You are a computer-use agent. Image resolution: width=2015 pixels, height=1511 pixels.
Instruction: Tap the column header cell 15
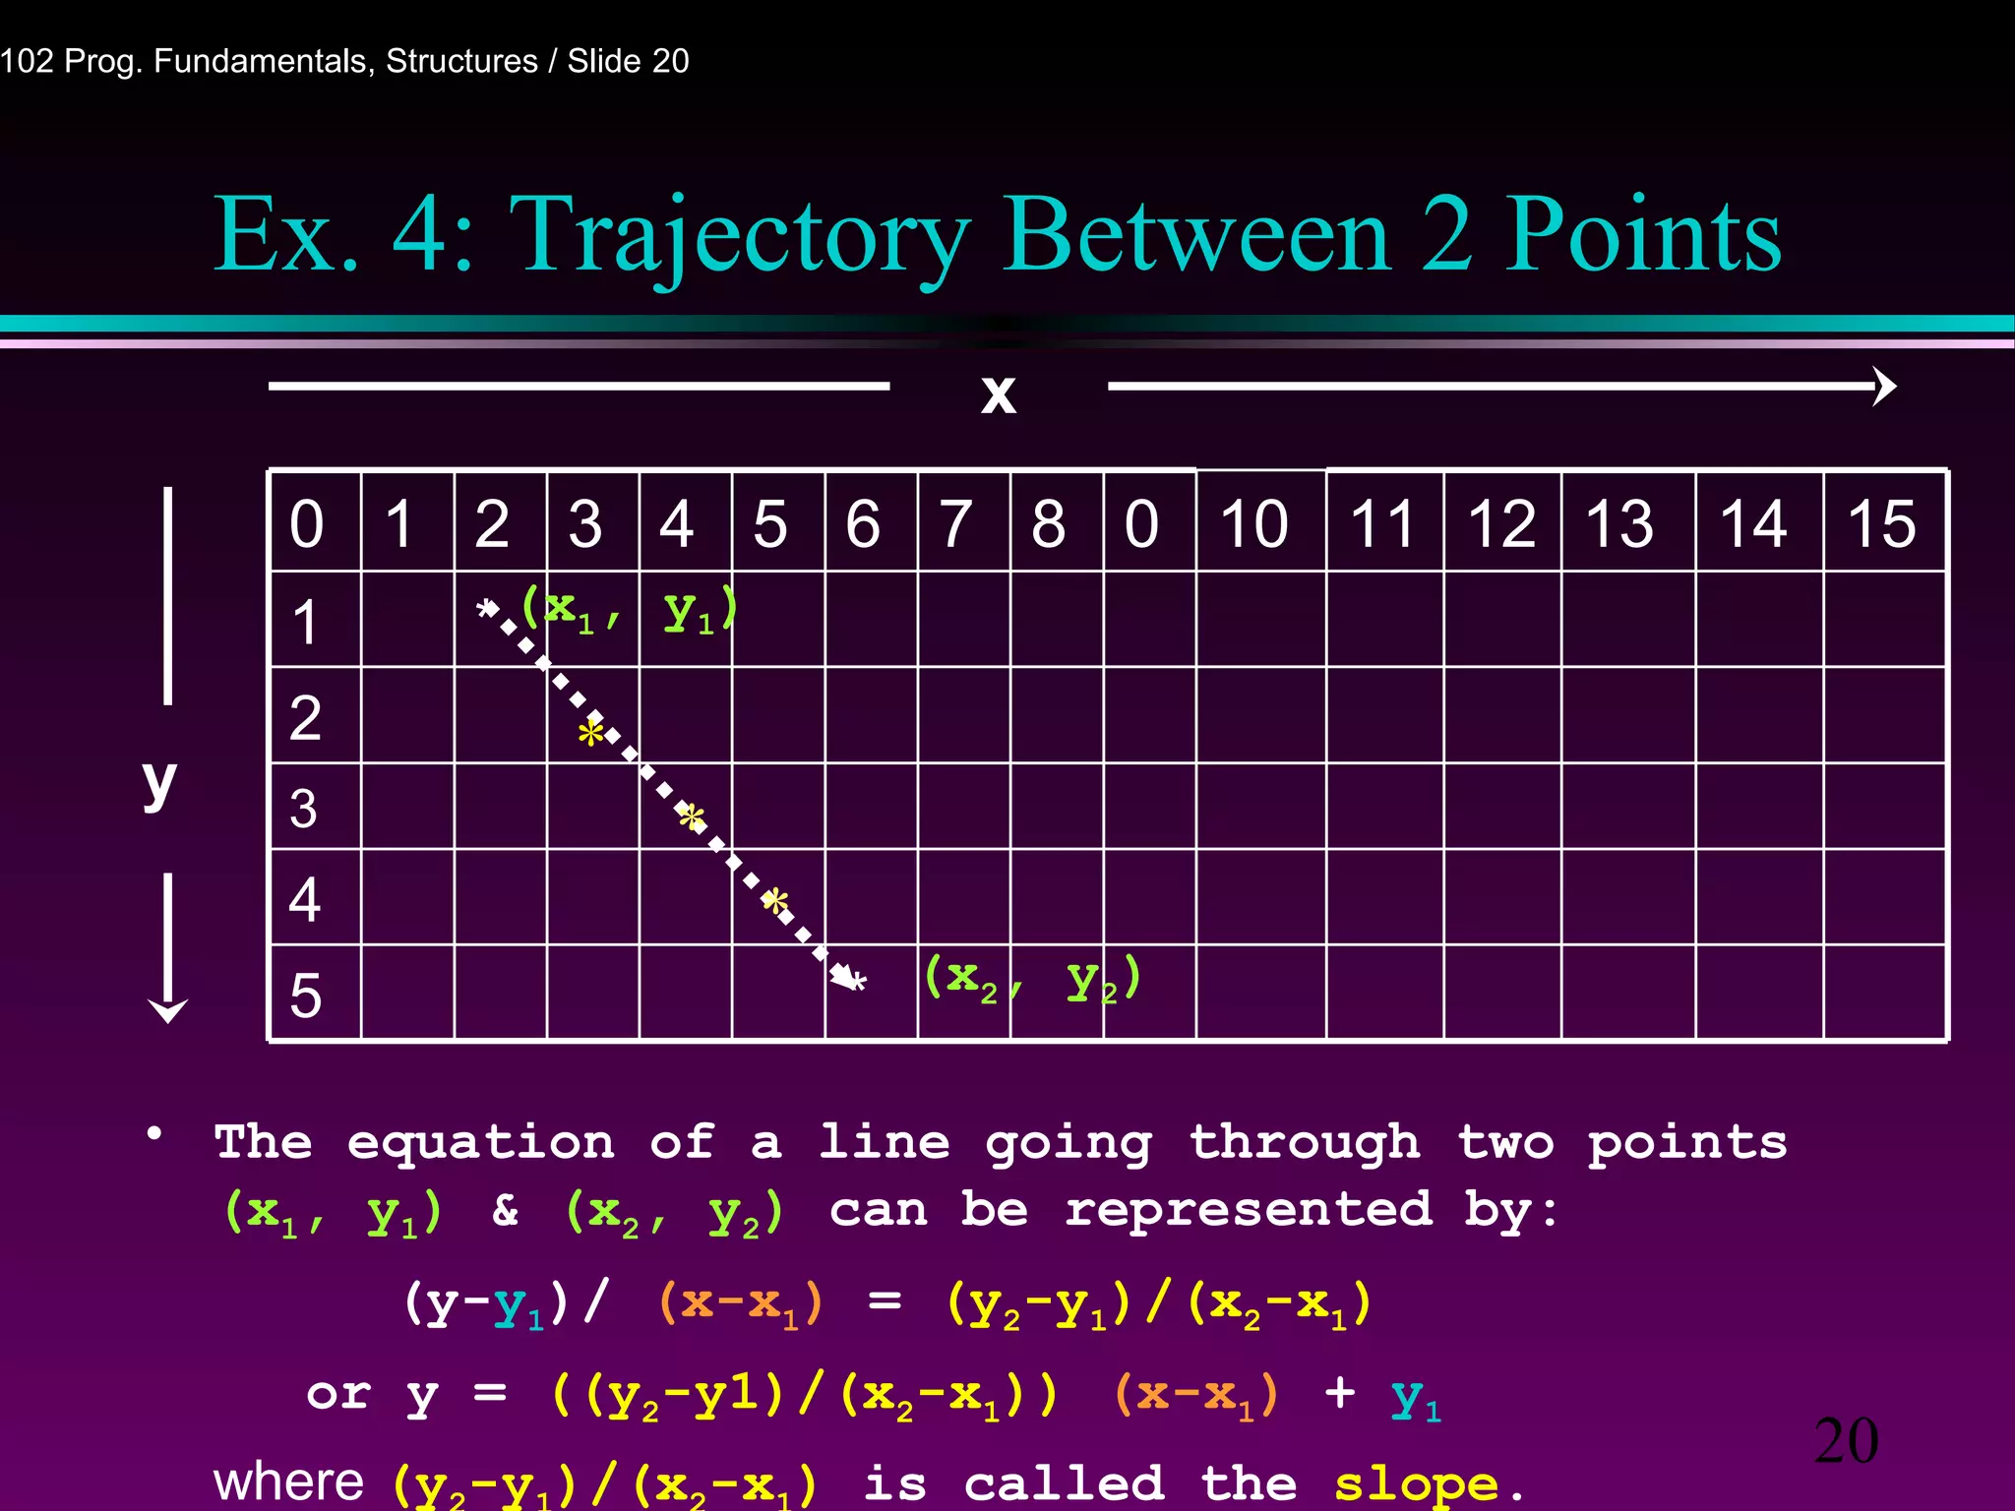click(1881, 522)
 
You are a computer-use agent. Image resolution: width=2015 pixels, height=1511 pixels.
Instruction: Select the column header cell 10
click(1253, 522)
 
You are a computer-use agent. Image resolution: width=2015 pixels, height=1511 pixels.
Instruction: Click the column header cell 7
click(955, 522)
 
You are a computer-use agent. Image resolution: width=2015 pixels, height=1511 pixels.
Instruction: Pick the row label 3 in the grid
click(303, 809)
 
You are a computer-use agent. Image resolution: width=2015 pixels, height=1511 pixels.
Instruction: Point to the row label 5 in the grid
click(305, 995)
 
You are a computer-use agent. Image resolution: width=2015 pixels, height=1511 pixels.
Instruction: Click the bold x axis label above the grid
click(998, 393)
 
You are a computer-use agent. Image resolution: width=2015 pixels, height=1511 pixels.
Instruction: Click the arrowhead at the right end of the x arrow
click(1884, 387)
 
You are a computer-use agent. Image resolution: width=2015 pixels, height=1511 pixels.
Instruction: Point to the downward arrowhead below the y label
click(168, 1011)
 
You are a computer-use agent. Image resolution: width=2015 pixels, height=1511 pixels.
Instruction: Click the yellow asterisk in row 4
click(775, 901)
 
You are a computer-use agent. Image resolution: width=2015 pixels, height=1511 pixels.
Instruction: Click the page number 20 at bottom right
click(1846, 1441)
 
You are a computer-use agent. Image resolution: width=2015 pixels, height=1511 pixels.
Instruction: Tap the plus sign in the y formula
click(1340, 1393)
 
